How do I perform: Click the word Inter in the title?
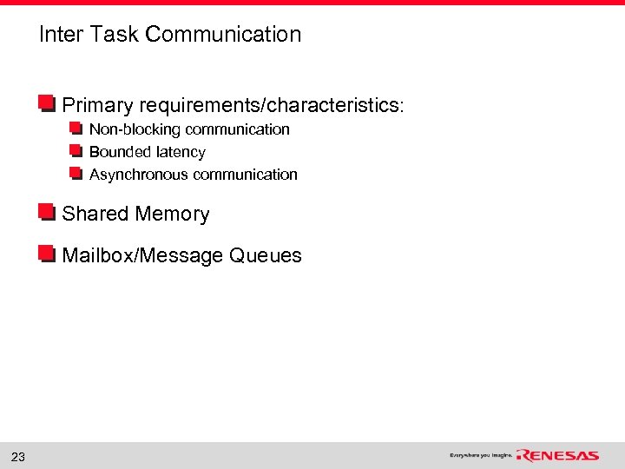[59, 35]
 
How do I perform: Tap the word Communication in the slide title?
[223, 35]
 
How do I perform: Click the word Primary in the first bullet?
[97, 106]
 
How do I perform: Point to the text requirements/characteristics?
[271, 106]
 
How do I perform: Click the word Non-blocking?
[135, 129]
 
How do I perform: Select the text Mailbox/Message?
[143, 255]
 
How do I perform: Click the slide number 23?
[17, 457]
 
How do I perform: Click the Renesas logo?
[557, 455]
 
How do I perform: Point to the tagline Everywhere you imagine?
[481, 455]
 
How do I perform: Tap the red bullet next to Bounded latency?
[76, 152]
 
